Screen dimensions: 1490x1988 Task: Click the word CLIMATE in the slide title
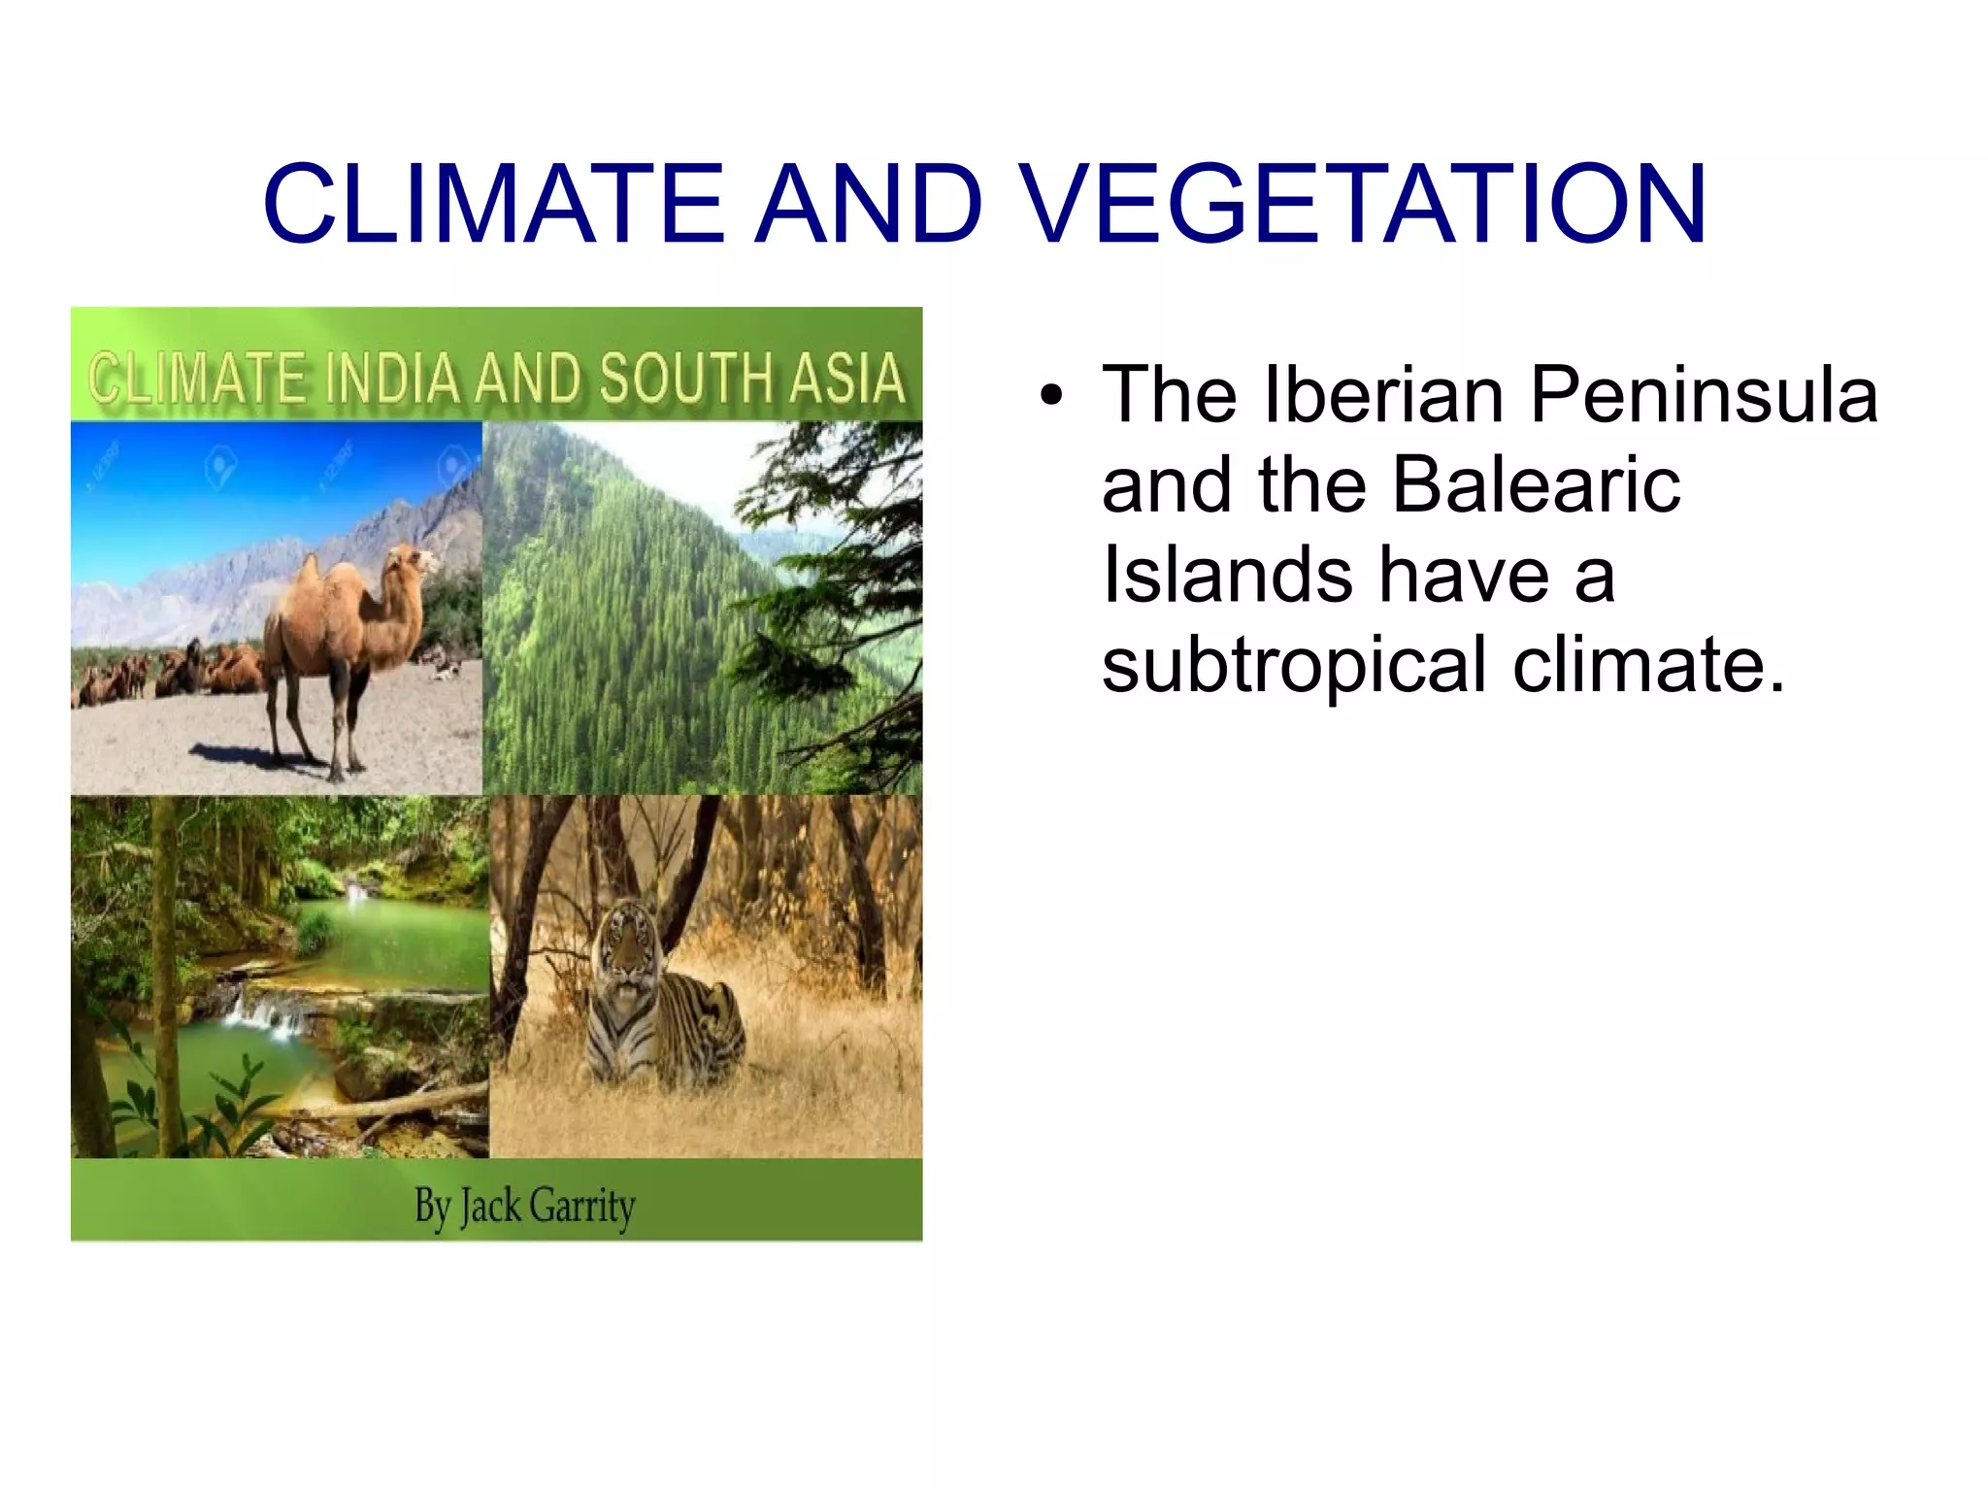493,203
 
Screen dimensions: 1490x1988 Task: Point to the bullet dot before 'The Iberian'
1049,397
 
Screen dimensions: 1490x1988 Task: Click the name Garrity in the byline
582,1207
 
